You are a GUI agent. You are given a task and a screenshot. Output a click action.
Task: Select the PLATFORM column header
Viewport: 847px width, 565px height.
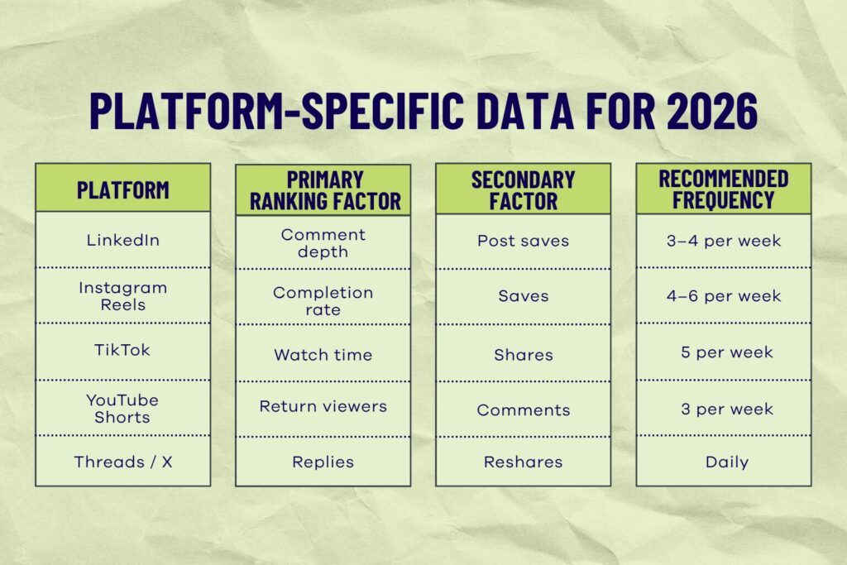pos(122,189)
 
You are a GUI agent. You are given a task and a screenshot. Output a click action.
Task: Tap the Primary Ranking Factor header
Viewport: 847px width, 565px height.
pos(323,190)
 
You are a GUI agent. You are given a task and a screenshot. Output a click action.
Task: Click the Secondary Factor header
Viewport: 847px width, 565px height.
pos(523,190)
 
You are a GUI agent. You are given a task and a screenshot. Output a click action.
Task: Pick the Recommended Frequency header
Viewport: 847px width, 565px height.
pos(723,190)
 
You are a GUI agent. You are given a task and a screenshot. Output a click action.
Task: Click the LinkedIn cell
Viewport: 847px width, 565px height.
pos(122,241)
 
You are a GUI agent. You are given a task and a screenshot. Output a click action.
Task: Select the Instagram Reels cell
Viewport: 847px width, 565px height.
pos(122,296)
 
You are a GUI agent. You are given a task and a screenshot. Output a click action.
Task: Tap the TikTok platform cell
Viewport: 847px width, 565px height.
pos(122,350)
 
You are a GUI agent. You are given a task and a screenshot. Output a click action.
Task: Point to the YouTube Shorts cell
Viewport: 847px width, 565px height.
pos(122,408)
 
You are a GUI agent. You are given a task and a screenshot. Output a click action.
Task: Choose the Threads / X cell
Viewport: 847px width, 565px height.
pos(122,462)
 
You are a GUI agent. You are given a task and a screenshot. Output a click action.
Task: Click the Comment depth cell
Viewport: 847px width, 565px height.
pos(323,242)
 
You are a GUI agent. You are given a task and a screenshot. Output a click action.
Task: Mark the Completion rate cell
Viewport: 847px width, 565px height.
pos(323,300)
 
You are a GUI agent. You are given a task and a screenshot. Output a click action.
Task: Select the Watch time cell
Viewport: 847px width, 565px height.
pos(323,355)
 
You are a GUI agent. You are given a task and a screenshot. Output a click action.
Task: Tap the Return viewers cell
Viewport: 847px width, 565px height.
pos(323,406)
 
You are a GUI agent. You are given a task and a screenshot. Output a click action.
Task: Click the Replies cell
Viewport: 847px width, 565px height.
pos(323,462)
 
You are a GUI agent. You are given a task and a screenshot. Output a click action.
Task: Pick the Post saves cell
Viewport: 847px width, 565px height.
pos(523,241)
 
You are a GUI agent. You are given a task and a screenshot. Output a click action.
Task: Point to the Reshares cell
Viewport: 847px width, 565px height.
pos(523,462)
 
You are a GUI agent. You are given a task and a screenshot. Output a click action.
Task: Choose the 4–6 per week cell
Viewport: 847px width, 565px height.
pos(723,296)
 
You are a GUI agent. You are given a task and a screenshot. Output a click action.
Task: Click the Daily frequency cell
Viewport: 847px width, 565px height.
pos(723,462)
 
